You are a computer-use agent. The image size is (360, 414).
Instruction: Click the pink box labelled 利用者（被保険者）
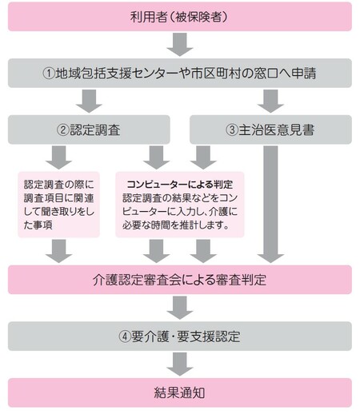(x=180, y=16)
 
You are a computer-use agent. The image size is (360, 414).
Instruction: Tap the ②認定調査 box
(x=90, y=129)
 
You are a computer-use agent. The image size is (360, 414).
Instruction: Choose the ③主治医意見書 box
(x=270, y=129)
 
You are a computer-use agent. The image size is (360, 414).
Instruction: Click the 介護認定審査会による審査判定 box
(x=180, y=280)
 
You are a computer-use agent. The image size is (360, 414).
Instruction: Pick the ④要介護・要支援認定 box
(x=180, y=336)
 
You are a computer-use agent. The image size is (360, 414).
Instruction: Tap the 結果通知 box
(x=180, y=392)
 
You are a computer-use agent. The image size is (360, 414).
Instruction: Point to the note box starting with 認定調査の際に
(x=58, y=203)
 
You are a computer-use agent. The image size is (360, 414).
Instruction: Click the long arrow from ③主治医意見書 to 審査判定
(x=271, y=204)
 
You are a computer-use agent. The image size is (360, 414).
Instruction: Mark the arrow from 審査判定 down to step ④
(x=180, y=308)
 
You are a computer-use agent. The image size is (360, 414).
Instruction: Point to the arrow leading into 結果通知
(x=180, y=364)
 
